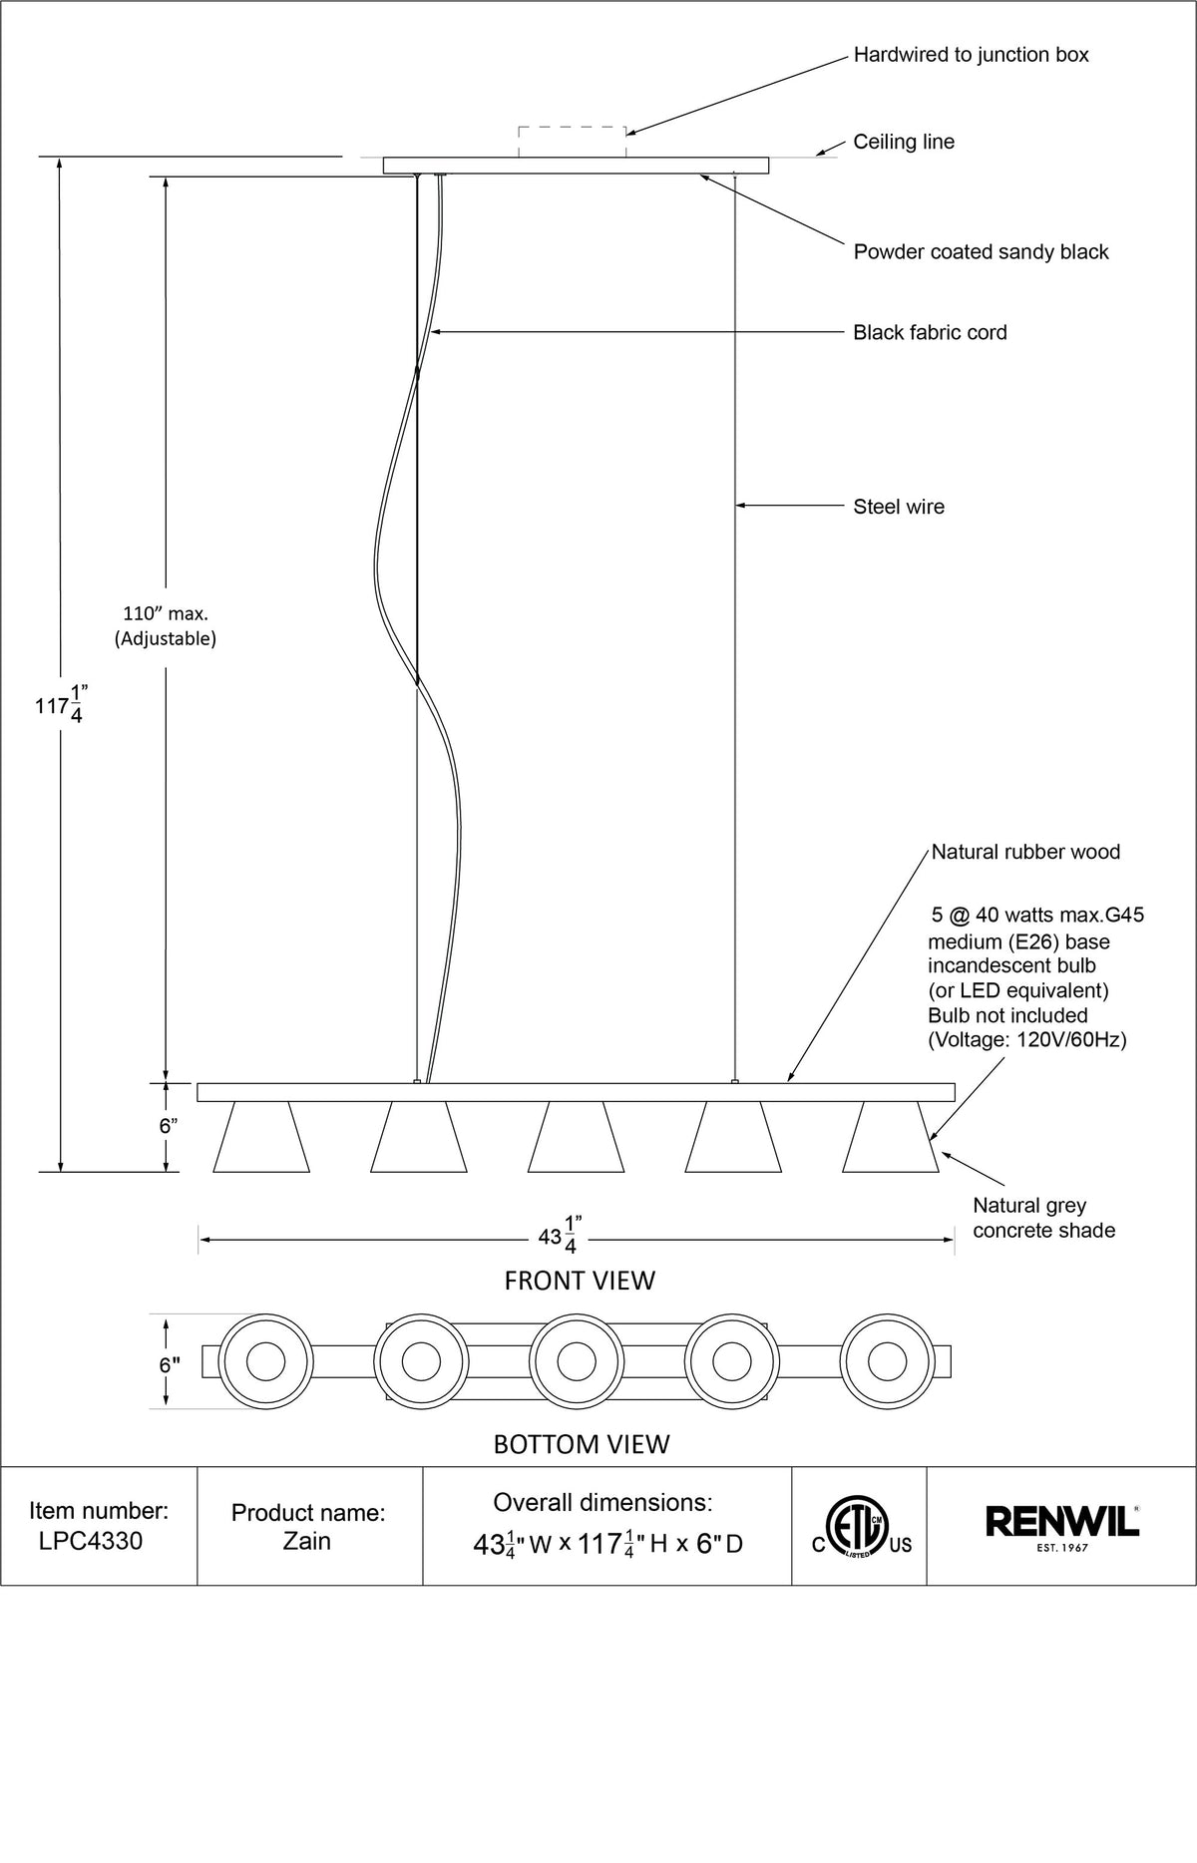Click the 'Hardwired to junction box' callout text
971,55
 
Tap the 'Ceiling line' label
903,142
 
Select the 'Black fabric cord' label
930,332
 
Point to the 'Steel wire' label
898,507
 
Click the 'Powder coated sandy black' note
981,252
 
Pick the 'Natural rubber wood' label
1025,852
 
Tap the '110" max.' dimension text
166,614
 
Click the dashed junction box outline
572,142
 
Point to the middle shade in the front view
576,1137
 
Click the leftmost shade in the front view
261,1137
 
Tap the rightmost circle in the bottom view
886,1360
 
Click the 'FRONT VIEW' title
580,1280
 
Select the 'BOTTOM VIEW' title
582,1443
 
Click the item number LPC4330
91,1541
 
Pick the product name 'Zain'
306,1541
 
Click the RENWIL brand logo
1062,1523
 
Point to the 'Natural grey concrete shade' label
1043,1218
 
